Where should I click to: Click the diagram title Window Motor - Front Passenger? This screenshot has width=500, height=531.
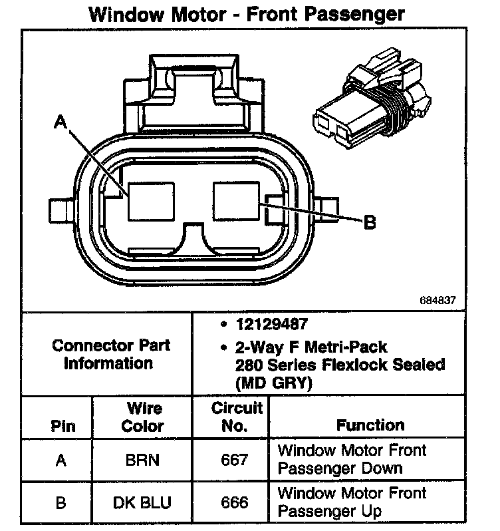(x=247, y=15)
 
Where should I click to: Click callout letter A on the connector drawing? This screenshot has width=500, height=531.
(x=61, y=121)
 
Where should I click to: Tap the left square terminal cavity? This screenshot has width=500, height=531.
(x=150, y=201)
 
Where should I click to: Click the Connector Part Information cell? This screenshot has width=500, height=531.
(x=110, y=355)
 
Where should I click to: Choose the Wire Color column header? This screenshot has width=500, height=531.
(x=142, y=417)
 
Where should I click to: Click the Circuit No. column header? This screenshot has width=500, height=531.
(x=236, y=417)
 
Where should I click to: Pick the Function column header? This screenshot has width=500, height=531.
(x=370, y=425)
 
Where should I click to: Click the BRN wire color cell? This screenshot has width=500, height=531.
(x=142, y=460)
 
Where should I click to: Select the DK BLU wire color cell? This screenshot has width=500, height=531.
(x=142, y=503)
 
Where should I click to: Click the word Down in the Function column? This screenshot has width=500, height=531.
(x=378, y=468)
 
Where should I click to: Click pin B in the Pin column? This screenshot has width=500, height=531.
(x=61, y=503)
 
